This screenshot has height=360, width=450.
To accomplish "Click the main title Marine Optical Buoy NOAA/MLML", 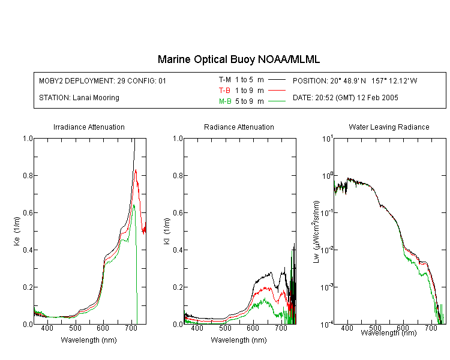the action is [238, 59].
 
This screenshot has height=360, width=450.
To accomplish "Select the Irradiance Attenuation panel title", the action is [89, 127].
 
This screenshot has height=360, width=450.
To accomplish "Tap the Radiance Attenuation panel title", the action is [239, 127].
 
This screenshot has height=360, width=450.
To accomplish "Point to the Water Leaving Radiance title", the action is [389, 127].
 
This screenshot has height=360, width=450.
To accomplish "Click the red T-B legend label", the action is [224, 91].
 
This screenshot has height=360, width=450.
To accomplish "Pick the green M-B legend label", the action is [225, 101].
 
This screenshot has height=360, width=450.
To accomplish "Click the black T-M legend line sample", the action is [277, 80].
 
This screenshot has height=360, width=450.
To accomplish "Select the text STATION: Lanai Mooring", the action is [79, 98].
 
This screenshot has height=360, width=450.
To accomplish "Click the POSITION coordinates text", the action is [355, 80].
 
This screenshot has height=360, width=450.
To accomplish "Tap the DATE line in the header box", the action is [345, 98].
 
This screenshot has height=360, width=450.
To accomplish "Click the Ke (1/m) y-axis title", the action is [17, 231].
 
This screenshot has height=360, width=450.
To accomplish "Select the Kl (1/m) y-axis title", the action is [167, 231].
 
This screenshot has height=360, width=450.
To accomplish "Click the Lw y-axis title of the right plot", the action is [316, 232].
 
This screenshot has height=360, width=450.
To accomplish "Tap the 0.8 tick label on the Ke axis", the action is [28, 175].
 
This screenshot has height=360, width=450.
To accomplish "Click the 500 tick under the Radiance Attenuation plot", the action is [225, 328].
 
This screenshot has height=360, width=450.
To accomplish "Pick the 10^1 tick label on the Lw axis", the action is [327, 139].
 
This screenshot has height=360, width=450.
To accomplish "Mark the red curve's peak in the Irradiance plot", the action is [136, 170].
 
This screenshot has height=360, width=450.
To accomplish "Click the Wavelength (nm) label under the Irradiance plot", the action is [89, 340].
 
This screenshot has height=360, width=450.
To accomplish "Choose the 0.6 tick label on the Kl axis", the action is [178, 213].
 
